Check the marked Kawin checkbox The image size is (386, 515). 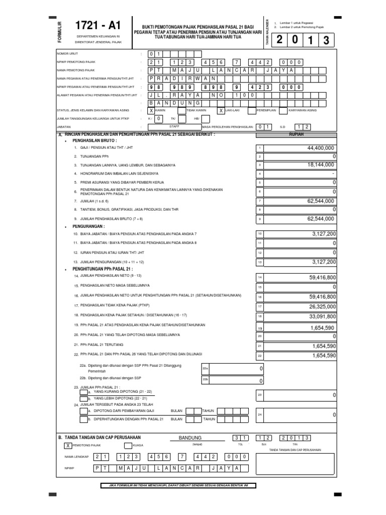coord(151,111)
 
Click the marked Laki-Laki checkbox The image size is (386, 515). coord(221,111)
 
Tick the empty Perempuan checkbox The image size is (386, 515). coord(248,111)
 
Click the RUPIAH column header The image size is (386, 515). coord(297,135)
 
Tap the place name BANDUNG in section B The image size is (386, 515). coord(189,438)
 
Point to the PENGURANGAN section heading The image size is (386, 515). coord(88,226)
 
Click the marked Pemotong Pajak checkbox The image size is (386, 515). coord(68,445)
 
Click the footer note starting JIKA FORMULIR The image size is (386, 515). coord(178,485)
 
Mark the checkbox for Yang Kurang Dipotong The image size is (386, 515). coord(83,391)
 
